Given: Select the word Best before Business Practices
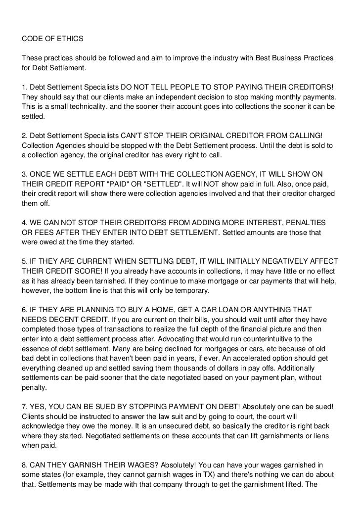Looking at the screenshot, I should click(x=264, y=58).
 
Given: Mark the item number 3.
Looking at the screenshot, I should click(x=24, y=174).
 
